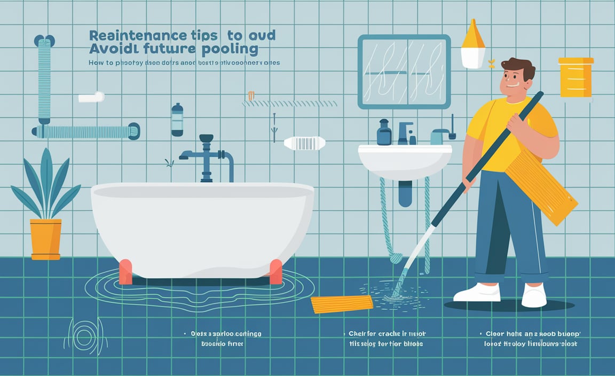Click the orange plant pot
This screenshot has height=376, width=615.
pyautogui.click(x=46, y=238)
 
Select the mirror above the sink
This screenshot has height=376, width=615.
pyautogui.click(x=404, y=72)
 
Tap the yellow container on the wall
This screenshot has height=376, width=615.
pyautogui.click(x=575, y=77)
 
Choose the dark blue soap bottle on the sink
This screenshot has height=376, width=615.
pyautogui.click(x=384, y=133)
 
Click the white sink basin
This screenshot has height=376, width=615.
pyautogui.click(x=404, y=160)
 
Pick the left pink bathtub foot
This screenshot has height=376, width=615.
pyautogui.click(x=126, y=271)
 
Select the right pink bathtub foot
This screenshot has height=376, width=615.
pyautogui.click(x=276, y=271)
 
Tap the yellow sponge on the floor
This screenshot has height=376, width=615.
pyautogui.click(x=342, y=304)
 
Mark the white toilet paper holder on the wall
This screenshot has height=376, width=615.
pyautogui.click(x=91, y=97)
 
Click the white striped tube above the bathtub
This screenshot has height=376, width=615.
pyautogui.click(x=304, y=143)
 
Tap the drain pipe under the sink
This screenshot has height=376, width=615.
pyautogui.click(x=406, y=193)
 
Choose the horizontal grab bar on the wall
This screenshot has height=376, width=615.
pyautogui.click(x=85, y=131)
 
